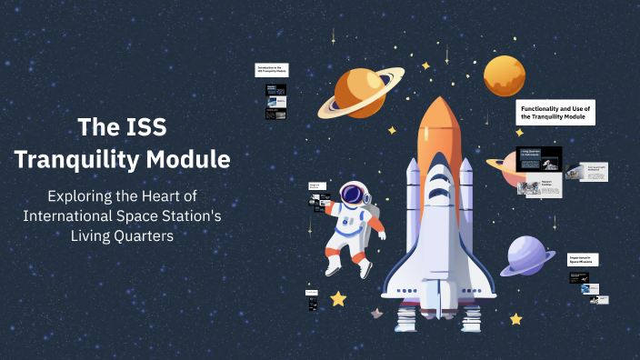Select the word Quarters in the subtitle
139,235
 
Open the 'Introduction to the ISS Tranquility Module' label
273,69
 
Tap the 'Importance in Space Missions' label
583,259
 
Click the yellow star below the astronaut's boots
338,297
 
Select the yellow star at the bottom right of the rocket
515,319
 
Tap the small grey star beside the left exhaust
375,314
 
